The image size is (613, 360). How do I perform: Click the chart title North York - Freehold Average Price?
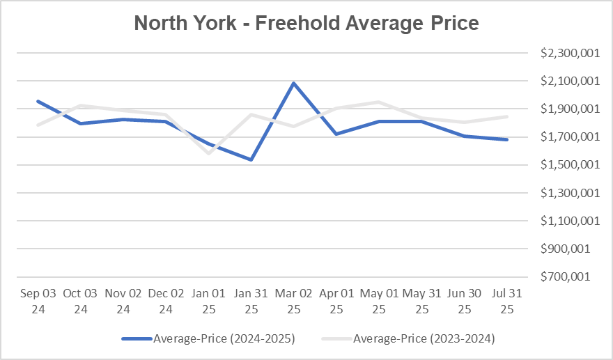(x=306, y=23)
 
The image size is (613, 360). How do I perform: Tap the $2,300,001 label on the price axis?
(x=569, y=54)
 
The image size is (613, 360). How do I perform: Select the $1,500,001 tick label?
(x=569, y=165)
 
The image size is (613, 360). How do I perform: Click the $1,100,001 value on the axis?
(x=569, y=221)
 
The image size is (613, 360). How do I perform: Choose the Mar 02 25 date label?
(x=293, y=300)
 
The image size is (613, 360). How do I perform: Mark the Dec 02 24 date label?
(x=166, y=300)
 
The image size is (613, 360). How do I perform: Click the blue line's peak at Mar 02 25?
(x=293, y=83)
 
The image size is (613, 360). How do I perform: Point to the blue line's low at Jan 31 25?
(x=251, y=159)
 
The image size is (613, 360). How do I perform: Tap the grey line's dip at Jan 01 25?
(x=208, y=153)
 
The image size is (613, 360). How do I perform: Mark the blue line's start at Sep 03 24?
(x=38, y=102)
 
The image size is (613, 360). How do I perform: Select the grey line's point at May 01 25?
(x=378, y=102)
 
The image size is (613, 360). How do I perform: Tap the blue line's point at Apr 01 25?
(x=336, y=134)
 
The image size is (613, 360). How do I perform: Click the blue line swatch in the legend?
(x=137, y=339)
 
